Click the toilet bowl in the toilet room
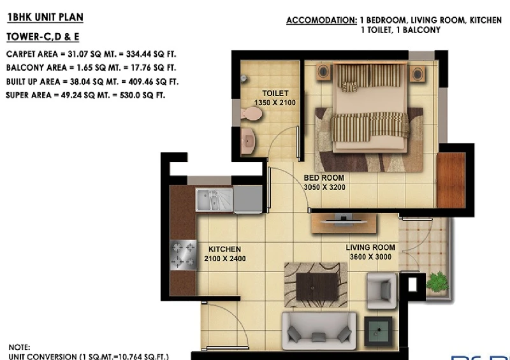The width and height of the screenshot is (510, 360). tap(251, 114)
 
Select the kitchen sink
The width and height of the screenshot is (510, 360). tap(214, 199)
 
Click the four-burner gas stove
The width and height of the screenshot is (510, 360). tap(184, 255)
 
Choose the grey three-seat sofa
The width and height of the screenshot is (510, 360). tap(319, 331)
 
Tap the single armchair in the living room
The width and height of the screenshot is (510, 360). tap(382, 291)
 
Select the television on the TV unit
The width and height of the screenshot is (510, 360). tap(344, 220)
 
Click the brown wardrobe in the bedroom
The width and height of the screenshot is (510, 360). tap(451, 180)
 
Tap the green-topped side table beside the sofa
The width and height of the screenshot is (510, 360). tap(378, 331)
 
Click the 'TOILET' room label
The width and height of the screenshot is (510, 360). tap(275, 93)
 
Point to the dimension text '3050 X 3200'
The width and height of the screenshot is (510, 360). tap(324, 187)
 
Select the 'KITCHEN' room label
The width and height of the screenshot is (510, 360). tap(225, 249)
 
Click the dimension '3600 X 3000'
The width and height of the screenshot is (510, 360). tap(370, 257)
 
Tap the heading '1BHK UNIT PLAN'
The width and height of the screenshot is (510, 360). tap(45, 17)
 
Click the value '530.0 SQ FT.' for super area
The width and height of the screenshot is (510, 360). tap(142, 96)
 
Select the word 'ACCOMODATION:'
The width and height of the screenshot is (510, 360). tap(322, 20)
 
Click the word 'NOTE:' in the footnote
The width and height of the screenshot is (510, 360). tap(19, 347)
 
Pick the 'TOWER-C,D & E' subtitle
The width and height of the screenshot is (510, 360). tap(43, 37)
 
